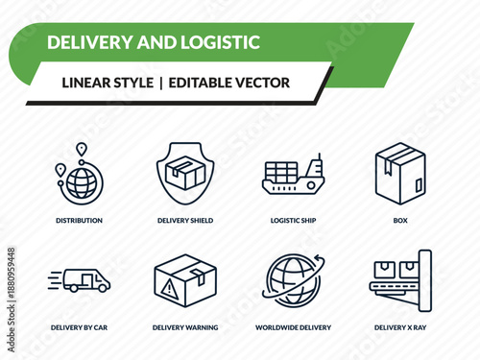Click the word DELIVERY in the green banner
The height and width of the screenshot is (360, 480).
86,42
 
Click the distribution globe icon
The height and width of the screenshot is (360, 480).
78,179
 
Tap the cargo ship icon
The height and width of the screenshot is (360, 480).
294,175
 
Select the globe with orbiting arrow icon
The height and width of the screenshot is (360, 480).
292,280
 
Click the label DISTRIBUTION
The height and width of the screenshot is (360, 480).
79,220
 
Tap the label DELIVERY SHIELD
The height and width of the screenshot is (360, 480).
185,220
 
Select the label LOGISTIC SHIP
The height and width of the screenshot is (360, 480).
294,220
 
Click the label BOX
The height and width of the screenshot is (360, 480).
400,220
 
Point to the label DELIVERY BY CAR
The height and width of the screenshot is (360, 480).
79,327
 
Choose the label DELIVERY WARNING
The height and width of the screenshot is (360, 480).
185,327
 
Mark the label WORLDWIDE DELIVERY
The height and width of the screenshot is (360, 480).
294,327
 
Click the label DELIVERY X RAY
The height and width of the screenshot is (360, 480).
400,327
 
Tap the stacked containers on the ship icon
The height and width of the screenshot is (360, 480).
282,172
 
